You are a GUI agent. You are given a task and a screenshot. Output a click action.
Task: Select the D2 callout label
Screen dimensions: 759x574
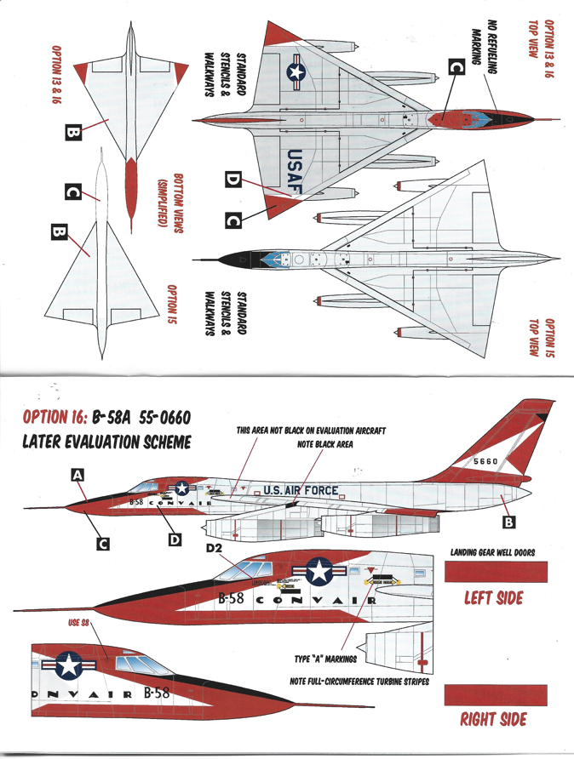coord(214,548)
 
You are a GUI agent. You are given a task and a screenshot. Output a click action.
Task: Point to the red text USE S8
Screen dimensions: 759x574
coord(79,624)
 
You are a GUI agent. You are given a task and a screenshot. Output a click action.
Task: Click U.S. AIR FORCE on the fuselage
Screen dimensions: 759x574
coord(301,490)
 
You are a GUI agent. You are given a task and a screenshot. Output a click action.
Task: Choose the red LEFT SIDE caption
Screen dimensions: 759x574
coord(493,598)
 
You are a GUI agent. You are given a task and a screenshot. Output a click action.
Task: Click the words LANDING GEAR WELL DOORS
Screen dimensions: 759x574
coord(493,552)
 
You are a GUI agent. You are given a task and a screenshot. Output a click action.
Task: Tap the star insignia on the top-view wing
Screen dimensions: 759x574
coord(296,75)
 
